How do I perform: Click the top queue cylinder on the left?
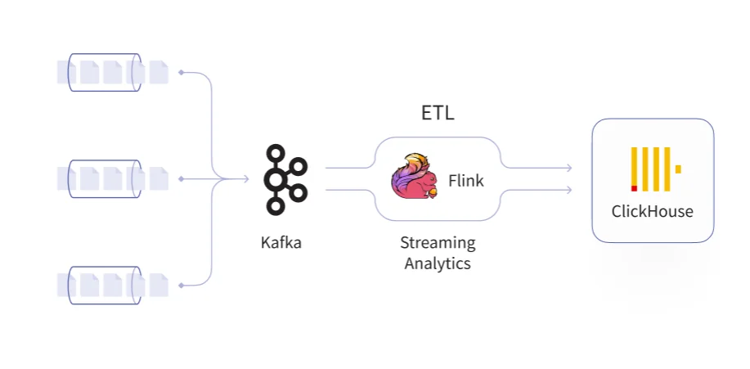tap(105, 72)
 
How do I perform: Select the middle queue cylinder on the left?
tap(105, 178)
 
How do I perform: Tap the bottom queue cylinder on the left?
tap(105, 285)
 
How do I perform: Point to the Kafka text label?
tap(281, 242)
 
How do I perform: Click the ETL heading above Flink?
tap(438, 114)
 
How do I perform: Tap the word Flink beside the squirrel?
tap(466, 181)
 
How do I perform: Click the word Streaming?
tap(438, 243)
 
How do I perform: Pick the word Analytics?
tap(438, 263)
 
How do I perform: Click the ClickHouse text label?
tap(652, 211)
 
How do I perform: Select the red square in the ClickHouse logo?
tap(634, 187)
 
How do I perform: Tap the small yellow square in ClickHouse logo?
tap(678, 169)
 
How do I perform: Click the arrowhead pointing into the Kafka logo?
tap(245, 178)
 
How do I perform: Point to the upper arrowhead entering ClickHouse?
tap(568, 168)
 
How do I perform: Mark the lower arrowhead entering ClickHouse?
tap(568, 190)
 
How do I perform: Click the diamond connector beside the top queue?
tap(181, 72)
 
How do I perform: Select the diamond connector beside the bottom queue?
tap(181, 285)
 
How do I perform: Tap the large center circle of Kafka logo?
tap(278, 179)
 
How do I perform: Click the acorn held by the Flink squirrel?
tap(433, 192)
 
